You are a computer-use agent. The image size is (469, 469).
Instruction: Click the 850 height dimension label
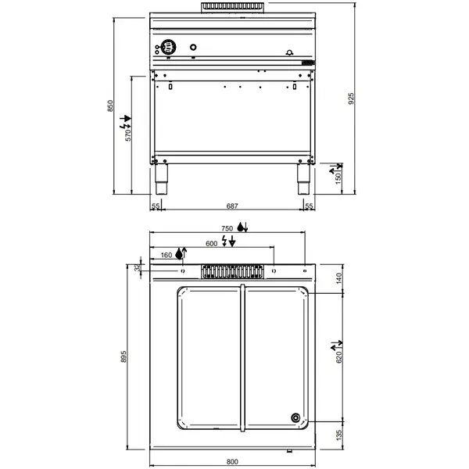pyautogui.click(x=111, y=106)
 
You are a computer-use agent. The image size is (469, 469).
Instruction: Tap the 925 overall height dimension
pyautogui.click(x=352, y=98)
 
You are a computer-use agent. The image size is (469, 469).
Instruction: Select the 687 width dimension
pyautogui.click(x=232, y=206)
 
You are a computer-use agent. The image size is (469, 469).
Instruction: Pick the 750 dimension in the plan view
pyautogui.click(x=227, y=227)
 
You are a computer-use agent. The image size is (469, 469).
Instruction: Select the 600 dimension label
pyautogui.click(x=211, y=242)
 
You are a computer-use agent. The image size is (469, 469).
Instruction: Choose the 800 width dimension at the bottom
pyautogui.click(x=232, y=462)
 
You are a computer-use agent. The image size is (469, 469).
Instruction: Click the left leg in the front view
pyautogui.click(x=163, y=181)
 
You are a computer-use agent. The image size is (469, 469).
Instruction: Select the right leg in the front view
pyautogui.click(x=301, y=181)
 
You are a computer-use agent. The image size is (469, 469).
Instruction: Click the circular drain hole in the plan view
pyautogui.click(x=296, y=417)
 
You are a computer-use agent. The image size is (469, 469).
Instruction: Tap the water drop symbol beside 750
pyautogui.click(x=241, y=227)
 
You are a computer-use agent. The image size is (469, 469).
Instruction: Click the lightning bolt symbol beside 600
pyautogui.click(x=225, y=242)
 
